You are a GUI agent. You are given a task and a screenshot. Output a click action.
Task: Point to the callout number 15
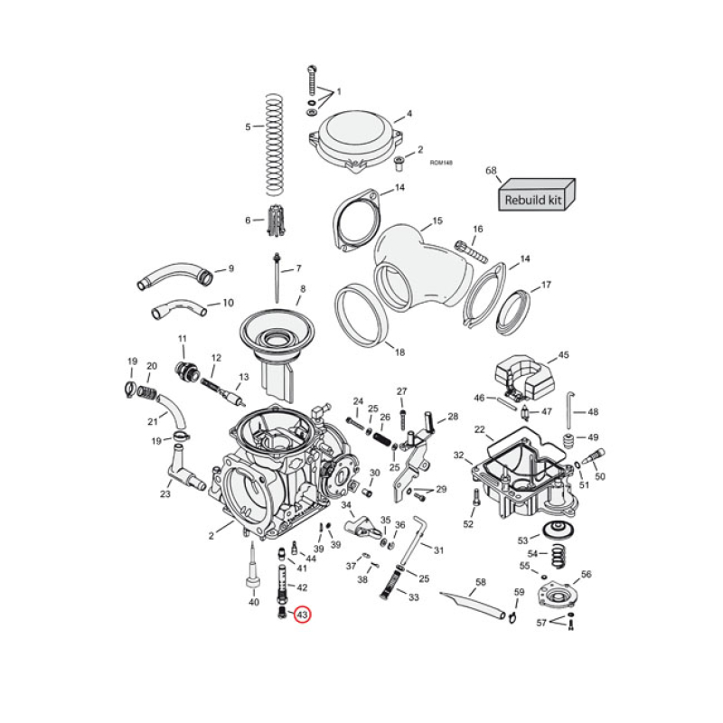click(x=437, y=221)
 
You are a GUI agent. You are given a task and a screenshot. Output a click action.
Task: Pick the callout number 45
click(x=563, y=355)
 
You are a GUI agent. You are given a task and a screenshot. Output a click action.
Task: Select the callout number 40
click(x=253, y=602)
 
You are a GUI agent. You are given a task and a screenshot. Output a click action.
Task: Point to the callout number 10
click(x=228, y=303)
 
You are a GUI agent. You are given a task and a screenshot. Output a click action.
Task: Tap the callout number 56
click(x=586, y=574)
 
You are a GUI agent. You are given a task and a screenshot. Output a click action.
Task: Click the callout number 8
click(x=303, y=288)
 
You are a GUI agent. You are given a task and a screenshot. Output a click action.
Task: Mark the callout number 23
click(x=165, y=493)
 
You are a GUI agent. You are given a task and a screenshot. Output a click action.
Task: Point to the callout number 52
click(x=468, y=524)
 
